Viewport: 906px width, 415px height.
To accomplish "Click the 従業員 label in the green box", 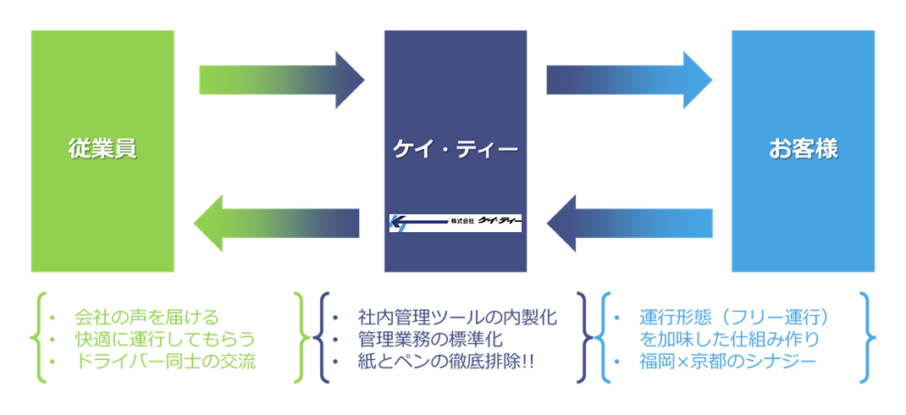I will [x=102, y=150].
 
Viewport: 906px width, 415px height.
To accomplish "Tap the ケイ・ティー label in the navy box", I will [x=456, y=150].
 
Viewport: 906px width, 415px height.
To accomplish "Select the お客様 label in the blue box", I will [x=803, y=150].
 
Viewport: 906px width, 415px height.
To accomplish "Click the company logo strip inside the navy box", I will [x=456, y=222].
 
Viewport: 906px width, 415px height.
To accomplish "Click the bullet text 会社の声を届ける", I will [x=146, y=318].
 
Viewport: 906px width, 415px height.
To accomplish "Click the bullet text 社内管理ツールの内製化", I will [x=457, y=318].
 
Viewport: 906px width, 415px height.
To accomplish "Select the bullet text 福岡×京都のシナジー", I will [x=728, y=361].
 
